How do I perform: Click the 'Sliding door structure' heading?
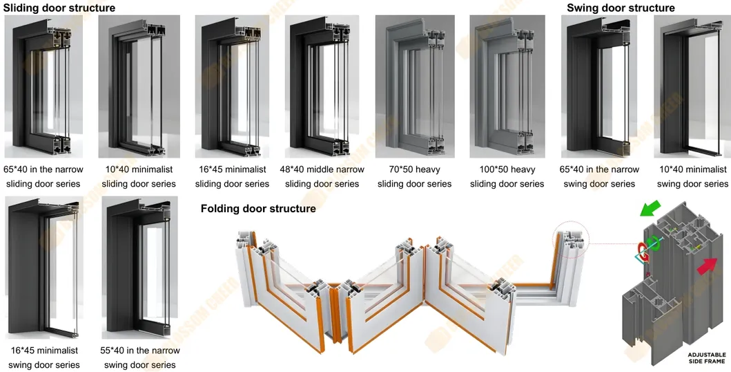pyautogui.click(x=59, y=8)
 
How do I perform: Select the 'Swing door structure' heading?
pyautogui.click(x=621, y=8)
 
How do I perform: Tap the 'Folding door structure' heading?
pyautogui.click(x=258, y=208)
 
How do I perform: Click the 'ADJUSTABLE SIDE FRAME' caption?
pyautogui.click(x=706, y=358)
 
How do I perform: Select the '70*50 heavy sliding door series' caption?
pyautogui.click(x=414, y=176)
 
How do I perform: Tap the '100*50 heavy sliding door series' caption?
pyautogui.click(x=507, y=176)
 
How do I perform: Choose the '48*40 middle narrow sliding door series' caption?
pyautogui.click(x=322, y=176)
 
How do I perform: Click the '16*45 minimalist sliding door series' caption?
pyautogui.click(x=232, y=176)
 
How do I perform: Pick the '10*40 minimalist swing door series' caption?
pyautogui.click(x=692, y=176)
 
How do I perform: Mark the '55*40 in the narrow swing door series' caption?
pyautogui.click(x=140, y=357)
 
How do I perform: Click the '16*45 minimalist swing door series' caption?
pyautogui.click(x=44, y=357)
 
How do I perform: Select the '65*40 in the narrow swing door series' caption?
pyautogui.click(x=599, y=176)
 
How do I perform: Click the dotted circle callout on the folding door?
pyautogui.click(x=570, y=240)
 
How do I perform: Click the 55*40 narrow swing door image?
pyautogui.click(x=140, y=268)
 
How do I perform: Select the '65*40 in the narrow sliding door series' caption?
pyautogui.click(x=43, y=176)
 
